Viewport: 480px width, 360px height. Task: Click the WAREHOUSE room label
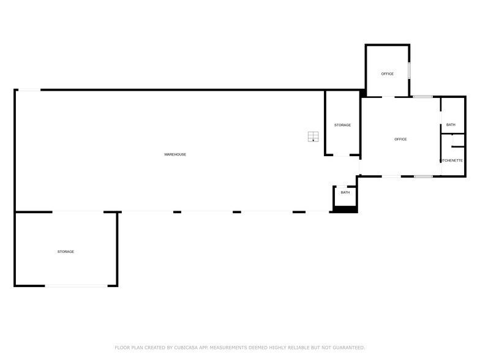[x=175, y=154]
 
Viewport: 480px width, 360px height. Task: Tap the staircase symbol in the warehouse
[x=313, y=137]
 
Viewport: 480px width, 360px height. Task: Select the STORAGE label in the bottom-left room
[x=66, y=252]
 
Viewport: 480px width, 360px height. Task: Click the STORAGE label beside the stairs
[x=343, y=125]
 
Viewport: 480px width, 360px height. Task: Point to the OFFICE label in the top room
[x=387, y=73]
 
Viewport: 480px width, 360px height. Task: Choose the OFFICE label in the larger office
[x=400, y=140]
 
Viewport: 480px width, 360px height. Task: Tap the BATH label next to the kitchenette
[x=451, y=125]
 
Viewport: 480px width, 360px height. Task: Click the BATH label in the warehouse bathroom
[x=345, y=192]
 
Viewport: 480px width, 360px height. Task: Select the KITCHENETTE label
[x=452, y=160]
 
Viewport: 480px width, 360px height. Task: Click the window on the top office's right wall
[x=409, y=71]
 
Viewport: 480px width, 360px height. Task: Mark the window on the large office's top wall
[x=422, y=97]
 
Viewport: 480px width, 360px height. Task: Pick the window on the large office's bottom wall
[x=424, y=176]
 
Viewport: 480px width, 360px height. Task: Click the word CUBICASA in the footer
[x=186, y=348]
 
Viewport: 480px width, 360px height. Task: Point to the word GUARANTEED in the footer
[x=349, y=348]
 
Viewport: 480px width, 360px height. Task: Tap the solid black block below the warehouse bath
[x=345, y=209]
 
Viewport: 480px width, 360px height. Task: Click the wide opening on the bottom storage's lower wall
[x=76, y=286]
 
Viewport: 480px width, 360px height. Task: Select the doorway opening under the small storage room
[x=342, y=156]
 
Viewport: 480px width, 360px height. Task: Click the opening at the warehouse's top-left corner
[x=29, y=90]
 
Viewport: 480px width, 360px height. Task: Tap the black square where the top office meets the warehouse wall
[x=362, y=93]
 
